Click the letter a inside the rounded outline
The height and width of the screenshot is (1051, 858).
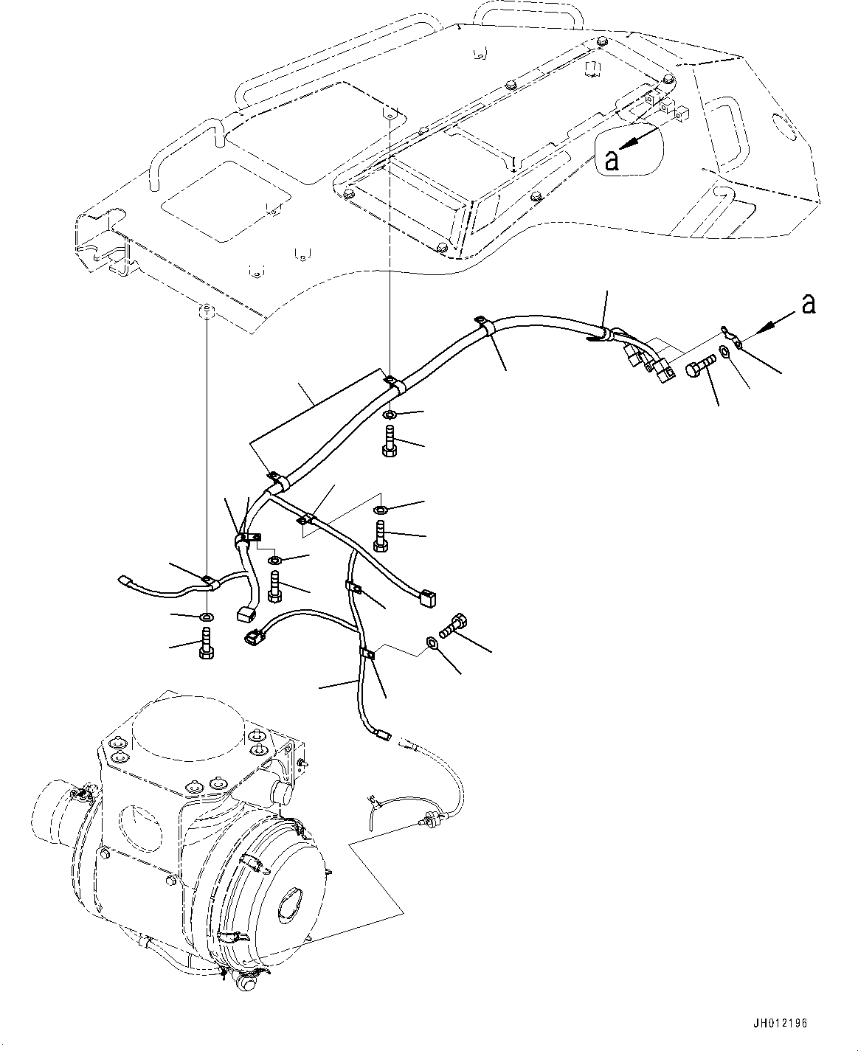611,160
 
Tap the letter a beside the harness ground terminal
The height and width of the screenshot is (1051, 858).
809,304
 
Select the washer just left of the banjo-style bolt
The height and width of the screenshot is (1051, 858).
432,644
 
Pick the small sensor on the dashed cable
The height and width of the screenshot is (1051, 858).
427,818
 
